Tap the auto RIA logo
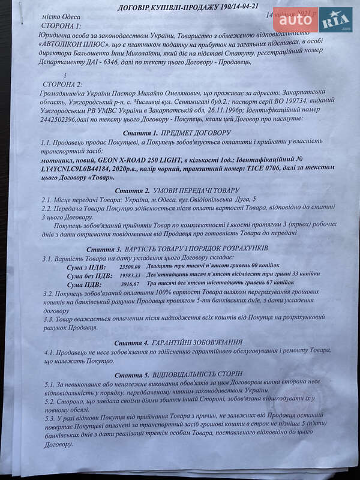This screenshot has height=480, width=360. (319, 20)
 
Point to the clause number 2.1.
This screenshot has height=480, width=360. (48, 198)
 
